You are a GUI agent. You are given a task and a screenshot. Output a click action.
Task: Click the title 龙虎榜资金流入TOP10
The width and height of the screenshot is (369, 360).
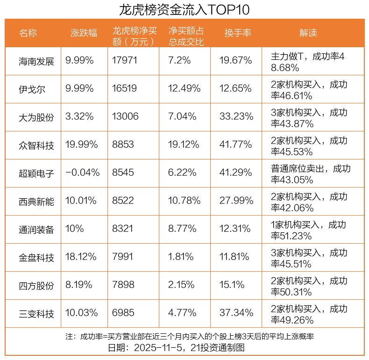coord(184,9)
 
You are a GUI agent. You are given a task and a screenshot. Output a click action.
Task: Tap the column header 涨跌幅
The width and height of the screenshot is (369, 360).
coord(84,33)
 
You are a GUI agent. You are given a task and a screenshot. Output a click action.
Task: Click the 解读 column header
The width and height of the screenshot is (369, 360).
coord(308,33)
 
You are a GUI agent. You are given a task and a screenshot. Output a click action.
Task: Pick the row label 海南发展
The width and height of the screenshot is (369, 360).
coord(36,61)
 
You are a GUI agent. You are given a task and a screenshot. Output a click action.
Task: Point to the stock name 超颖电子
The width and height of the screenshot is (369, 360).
coord(36,173)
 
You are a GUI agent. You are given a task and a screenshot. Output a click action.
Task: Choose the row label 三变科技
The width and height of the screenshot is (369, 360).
coord(36,313)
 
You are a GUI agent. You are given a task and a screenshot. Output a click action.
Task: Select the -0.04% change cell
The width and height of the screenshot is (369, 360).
coord(83,173)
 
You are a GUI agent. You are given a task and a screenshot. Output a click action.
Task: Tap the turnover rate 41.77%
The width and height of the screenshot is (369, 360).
coord(236,144)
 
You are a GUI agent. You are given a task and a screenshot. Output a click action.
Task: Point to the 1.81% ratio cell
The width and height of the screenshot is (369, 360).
coord(181,257)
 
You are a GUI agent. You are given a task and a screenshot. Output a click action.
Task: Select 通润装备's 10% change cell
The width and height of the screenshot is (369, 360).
coord(75,229)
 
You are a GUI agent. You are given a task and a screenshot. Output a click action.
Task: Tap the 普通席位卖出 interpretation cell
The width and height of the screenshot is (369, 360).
coord(311,174)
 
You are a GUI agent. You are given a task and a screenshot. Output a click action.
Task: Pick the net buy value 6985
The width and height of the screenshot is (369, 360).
coord(123,313)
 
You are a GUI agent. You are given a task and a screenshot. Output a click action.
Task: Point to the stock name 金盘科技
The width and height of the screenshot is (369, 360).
coord(36,257)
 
